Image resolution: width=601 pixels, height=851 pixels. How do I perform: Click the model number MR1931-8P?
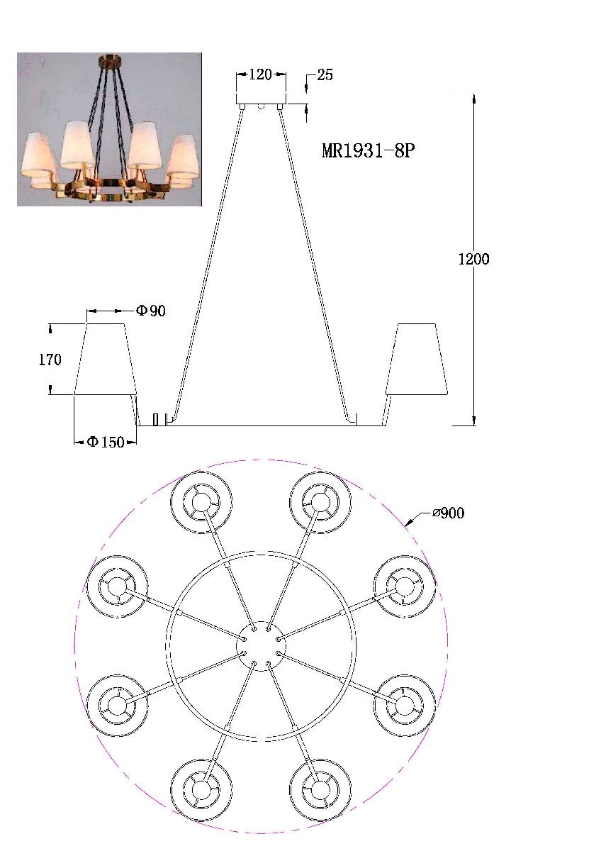[x=368, y=151]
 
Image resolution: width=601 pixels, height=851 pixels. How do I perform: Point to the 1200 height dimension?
[x=474, y=259]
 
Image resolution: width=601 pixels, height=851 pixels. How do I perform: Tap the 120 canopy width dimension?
[x=260, y=74]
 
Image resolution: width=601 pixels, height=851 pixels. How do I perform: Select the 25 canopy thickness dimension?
[x=325, y=75]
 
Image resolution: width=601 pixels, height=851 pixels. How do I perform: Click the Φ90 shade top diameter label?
[x=151, y=311]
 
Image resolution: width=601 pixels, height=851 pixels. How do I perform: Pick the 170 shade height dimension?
[x=50, y=360]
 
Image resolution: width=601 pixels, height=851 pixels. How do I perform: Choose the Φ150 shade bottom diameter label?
[x=106, y=442]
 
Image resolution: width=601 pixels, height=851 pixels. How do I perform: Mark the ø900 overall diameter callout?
[x=449, y=513]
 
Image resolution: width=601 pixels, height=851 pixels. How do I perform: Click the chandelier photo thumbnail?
[x=109, y=129]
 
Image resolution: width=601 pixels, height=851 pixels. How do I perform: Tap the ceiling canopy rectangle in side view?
[x=262, y=99]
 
